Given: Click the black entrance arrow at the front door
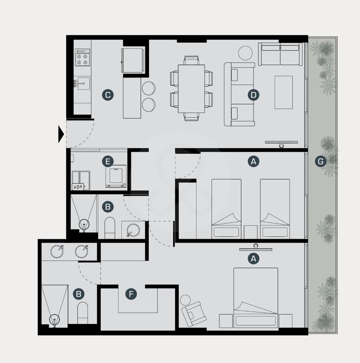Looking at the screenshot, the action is (x=61, y=134).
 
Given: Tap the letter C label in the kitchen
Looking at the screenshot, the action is (x=108, y=95).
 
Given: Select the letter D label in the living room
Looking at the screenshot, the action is (x=253, y=95).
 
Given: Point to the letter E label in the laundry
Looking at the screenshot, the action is (x=108, y=162).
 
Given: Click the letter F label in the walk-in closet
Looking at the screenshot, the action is (x=131, y=294).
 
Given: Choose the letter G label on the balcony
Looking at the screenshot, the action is (x=321, y=162).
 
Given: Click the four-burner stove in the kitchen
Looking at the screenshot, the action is (x=83, y=57).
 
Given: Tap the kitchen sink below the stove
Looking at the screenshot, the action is (x=82, y=83).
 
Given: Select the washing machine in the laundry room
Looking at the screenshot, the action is (x=116, y=176).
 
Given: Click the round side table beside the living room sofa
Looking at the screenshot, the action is (x=245, y=53).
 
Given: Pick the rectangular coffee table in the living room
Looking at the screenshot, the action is (x=283, y=92).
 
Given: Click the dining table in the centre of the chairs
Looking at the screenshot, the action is (x=191, y=89).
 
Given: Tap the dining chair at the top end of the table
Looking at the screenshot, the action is (x=191, y=60).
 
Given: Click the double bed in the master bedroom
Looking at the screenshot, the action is (x=256, y=298).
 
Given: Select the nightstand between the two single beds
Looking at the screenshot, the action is (x=251, y=232).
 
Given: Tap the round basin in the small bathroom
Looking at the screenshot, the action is (x=133, y=230).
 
